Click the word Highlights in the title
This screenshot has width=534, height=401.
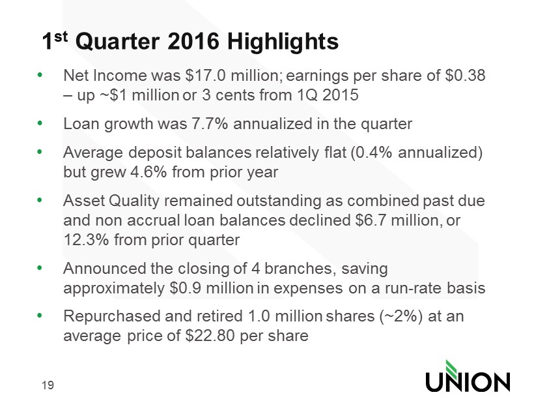point(283,42)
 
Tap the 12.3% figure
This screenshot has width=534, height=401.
point(86,239)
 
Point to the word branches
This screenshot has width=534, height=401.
point(298,269)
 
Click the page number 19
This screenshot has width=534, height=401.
point(48,385)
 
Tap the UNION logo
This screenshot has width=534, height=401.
point(468,376)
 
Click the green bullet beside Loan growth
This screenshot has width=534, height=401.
point(40,123)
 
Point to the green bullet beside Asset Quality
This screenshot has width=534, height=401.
point(40,200)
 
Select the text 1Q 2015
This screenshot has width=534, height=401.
point(328,95)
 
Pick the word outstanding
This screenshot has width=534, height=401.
point(279,201)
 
